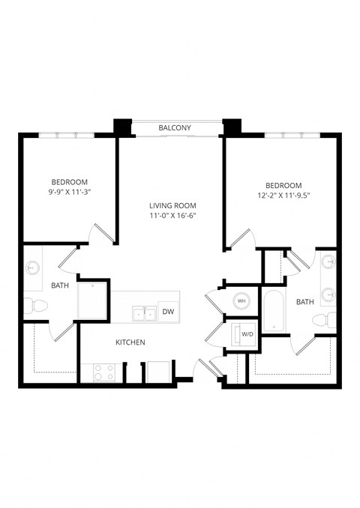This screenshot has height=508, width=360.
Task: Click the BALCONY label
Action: tap(174, 128)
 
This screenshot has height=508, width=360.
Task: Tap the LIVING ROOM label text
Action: tap(172, 206)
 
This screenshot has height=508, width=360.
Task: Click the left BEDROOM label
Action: tap(70, 182)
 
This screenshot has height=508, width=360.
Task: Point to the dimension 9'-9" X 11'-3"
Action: tap(70, 193)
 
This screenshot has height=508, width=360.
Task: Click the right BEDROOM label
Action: tap(283, 185)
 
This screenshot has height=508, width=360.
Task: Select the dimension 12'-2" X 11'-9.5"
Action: tap(283, 196)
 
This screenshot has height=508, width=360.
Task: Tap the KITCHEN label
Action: tap(130, 342)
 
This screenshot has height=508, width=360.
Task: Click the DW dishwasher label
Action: tap(168, 312)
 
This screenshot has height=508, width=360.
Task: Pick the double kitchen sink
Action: tap(144, 312)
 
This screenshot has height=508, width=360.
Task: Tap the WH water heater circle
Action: tap(241, 300)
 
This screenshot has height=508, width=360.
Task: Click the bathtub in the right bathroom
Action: tap(274, 310)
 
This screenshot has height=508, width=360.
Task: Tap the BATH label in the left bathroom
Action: tap(60, 285)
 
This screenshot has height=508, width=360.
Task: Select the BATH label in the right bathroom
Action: tap(305, 302)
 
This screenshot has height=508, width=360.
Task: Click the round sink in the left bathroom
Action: tap(34, 267)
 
